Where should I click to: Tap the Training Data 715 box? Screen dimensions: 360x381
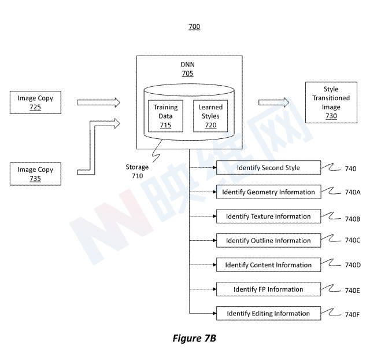pos(166,116)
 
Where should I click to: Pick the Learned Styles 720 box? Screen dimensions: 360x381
pos(210,116)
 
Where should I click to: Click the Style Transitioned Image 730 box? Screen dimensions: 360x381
pos(331,102)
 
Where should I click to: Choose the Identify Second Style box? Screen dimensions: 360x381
pos(268,168)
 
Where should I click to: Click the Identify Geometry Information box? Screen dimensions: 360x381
pos(268,192)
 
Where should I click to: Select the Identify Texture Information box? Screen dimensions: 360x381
pos(268,216)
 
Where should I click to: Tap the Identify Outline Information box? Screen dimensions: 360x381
pos(268,241)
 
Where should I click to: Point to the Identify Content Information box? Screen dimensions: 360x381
pos(268,265)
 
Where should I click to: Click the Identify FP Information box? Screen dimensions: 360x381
pos(268,289)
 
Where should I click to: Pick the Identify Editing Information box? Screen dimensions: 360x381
pos(268,314)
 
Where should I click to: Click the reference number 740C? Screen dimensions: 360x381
pos(353,240)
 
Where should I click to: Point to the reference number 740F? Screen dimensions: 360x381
pos(353,314)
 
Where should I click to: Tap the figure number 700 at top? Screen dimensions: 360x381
pos(194,27)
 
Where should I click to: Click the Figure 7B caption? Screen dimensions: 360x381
pos(194,339)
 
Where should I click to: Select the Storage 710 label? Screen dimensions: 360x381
pos(137,171)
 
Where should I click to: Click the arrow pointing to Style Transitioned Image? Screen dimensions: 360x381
pos(274,102)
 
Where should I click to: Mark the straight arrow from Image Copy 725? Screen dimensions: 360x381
pos(98,102)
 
